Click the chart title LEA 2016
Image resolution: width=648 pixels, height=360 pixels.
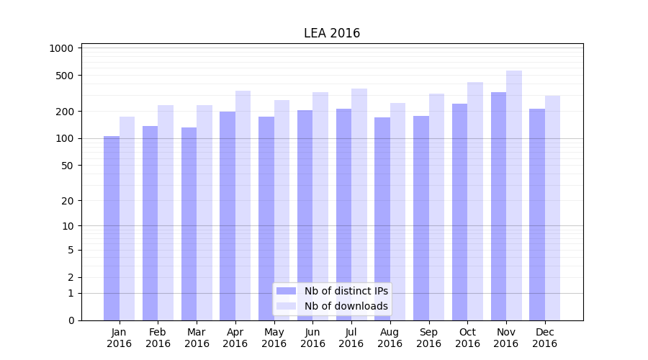[x=332, y=33]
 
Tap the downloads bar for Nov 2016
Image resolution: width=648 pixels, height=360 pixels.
[x=514, y=195]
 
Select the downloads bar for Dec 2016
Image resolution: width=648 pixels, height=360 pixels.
[x=552, y=208]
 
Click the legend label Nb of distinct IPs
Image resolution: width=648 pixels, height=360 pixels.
[x=346, y=291]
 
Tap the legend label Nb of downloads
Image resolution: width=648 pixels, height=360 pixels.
[x=346, y=306]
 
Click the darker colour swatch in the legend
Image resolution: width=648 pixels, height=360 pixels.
[x=286, y=291]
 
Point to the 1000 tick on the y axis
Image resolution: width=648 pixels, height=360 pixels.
[x=61, y=48]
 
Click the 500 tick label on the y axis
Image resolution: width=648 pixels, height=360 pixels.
[x=66, y=76]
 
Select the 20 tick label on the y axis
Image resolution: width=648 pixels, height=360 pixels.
[x=68, y=201]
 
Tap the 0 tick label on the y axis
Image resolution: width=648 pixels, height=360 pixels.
[x=71, y=320]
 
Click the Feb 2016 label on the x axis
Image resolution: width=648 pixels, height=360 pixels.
[x=158, y=338]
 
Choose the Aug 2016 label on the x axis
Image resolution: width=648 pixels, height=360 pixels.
[x=390, y=338]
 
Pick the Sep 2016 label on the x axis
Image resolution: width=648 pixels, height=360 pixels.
[x=428, y=338]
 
